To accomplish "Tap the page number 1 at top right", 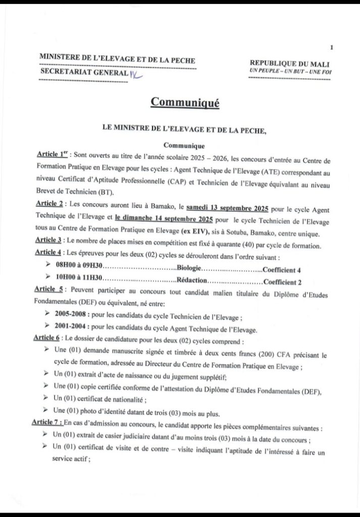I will (331, 47).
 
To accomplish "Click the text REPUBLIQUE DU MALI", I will (290, 62).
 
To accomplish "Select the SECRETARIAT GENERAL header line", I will (84, 73).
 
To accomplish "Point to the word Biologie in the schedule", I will (189, 269).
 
